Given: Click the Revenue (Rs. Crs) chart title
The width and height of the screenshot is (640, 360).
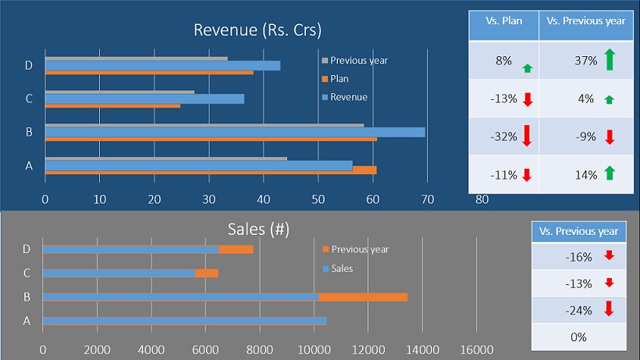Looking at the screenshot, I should (258, 30).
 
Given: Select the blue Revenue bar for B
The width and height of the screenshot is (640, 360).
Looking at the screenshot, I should (234, 132).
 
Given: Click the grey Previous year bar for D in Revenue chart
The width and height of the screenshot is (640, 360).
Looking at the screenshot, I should (137, 59).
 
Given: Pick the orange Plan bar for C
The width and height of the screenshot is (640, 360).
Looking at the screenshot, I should (112, 105).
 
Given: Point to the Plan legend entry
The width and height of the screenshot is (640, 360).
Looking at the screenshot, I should (340, 78).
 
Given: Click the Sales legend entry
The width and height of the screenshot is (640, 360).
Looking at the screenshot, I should (341, 269).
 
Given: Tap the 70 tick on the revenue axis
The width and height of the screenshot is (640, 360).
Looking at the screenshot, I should (427, 199).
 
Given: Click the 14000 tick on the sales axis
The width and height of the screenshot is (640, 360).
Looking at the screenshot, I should (421, 348).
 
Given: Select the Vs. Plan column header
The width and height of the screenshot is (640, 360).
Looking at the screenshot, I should (503, 21).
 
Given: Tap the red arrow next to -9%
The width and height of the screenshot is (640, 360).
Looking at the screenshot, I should (610, 137).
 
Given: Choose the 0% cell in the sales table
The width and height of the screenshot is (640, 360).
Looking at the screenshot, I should (578, 337).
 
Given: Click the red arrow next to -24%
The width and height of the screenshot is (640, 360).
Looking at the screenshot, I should (610, 310).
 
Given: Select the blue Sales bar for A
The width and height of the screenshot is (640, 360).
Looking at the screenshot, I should (185, 321).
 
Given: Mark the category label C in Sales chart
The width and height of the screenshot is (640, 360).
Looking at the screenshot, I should (27, 273).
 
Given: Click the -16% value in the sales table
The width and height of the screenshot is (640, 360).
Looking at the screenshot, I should (578, 256).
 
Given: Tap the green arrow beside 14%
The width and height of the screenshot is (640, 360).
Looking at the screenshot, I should (610, 173).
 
